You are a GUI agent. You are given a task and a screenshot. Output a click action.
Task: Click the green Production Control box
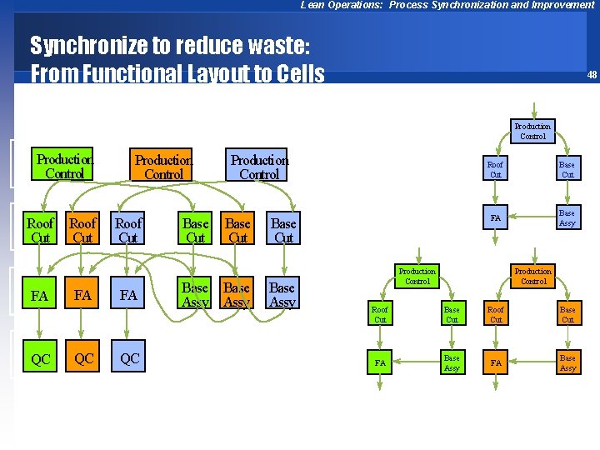(64, 166)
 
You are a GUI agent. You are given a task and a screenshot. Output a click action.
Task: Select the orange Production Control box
(163, 167)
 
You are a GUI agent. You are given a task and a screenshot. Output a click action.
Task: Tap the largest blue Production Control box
(259, 167)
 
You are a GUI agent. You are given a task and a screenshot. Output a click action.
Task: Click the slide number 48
(591, 75)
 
